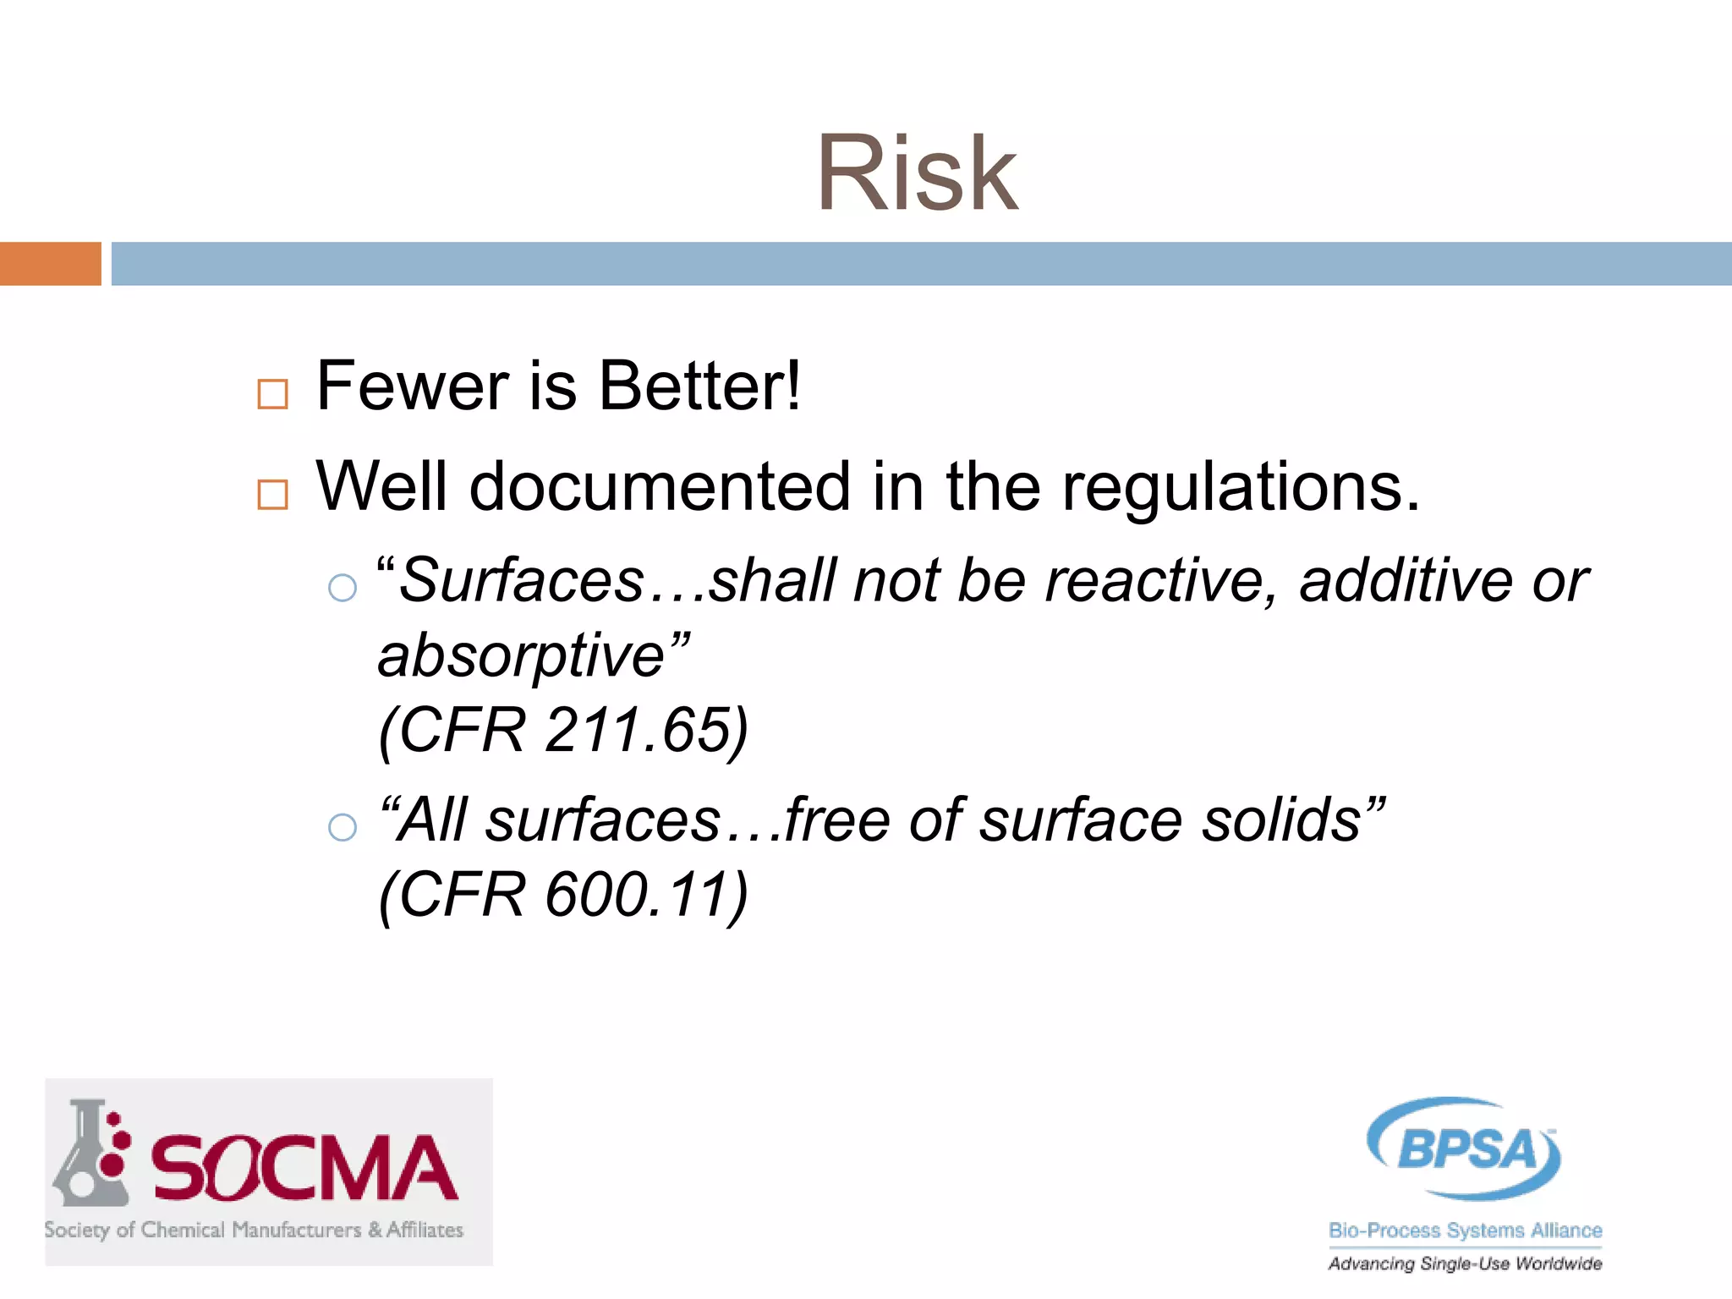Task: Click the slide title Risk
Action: [x=917, y=174]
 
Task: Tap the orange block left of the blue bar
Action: [x=50, y=264]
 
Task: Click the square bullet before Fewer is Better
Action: [x=272, y=394]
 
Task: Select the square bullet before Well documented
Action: [x=272, y=494]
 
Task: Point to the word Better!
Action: [x=699, y=386]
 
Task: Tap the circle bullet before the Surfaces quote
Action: [x=342, y=587]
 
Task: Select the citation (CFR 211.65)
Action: [x=563, y=730]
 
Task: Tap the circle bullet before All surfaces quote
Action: [x=342, y=826]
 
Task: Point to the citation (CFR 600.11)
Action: [x=563, y=895]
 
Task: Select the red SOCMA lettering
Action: [x=304, y=1168]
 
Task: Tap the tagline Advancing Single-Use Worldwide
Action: [x=1465, y=1263]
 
